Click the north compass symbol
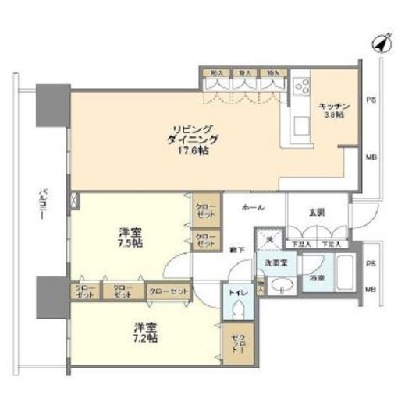click(380, 43)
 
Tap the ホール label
click(253, 209)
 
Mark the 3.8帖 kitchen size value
click(334, 115)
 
